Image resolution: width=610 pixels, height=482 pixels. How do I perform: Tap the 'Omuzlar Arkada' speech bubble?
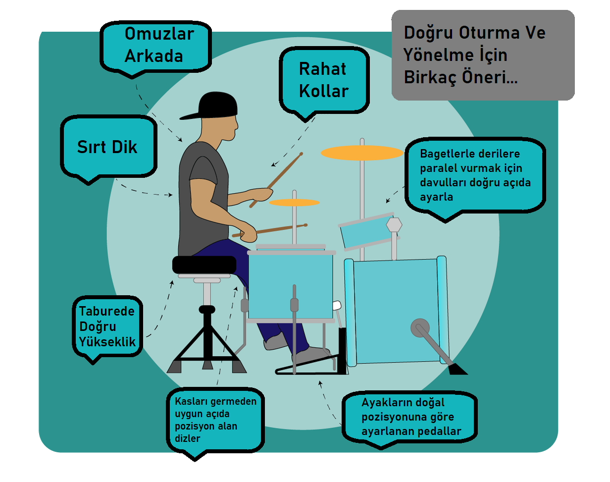click(156, 45)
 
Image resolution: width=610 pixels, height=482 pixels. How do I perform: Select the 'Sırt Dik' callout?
click(108, 147)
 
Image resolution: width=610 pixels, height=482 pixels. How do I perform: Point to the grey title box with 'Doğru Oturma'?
click(483, 54)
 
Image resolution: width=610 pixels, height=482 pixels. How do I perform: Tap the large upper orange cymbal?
click(362, 153)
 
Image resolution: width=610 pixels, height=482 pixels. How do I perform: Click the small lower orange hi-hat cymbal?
click(294, 202)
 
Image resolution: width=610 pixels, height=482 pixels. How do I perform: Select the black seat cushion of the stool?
click(204, 264)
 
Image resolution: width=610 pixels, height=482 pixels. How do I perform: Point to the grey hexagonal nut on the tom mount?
click(394, 224)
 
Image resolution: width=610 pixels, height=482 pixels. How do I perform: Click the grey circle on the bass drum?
click(419, 327)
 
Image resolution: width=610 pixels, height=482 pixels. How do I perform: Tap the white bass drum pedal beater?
click(337, 305)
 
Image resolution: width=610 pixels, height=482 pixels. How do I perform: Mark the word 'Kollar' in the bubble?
click(324, 91)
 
